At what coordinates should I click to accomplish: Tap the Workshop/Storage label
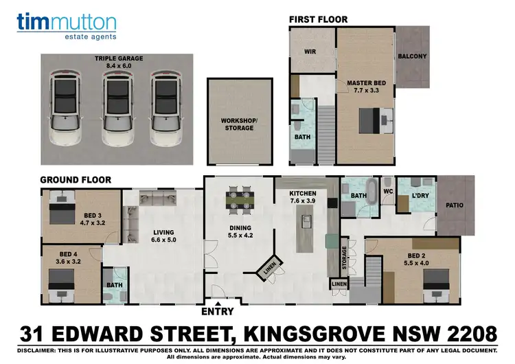click(238, 124)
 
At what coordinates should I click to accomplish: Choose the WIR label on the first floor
click(310, 50)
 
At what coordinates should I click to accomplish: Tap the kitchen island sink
click(306, 221)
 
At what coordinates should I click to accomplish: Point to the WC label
click(387, 191)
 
